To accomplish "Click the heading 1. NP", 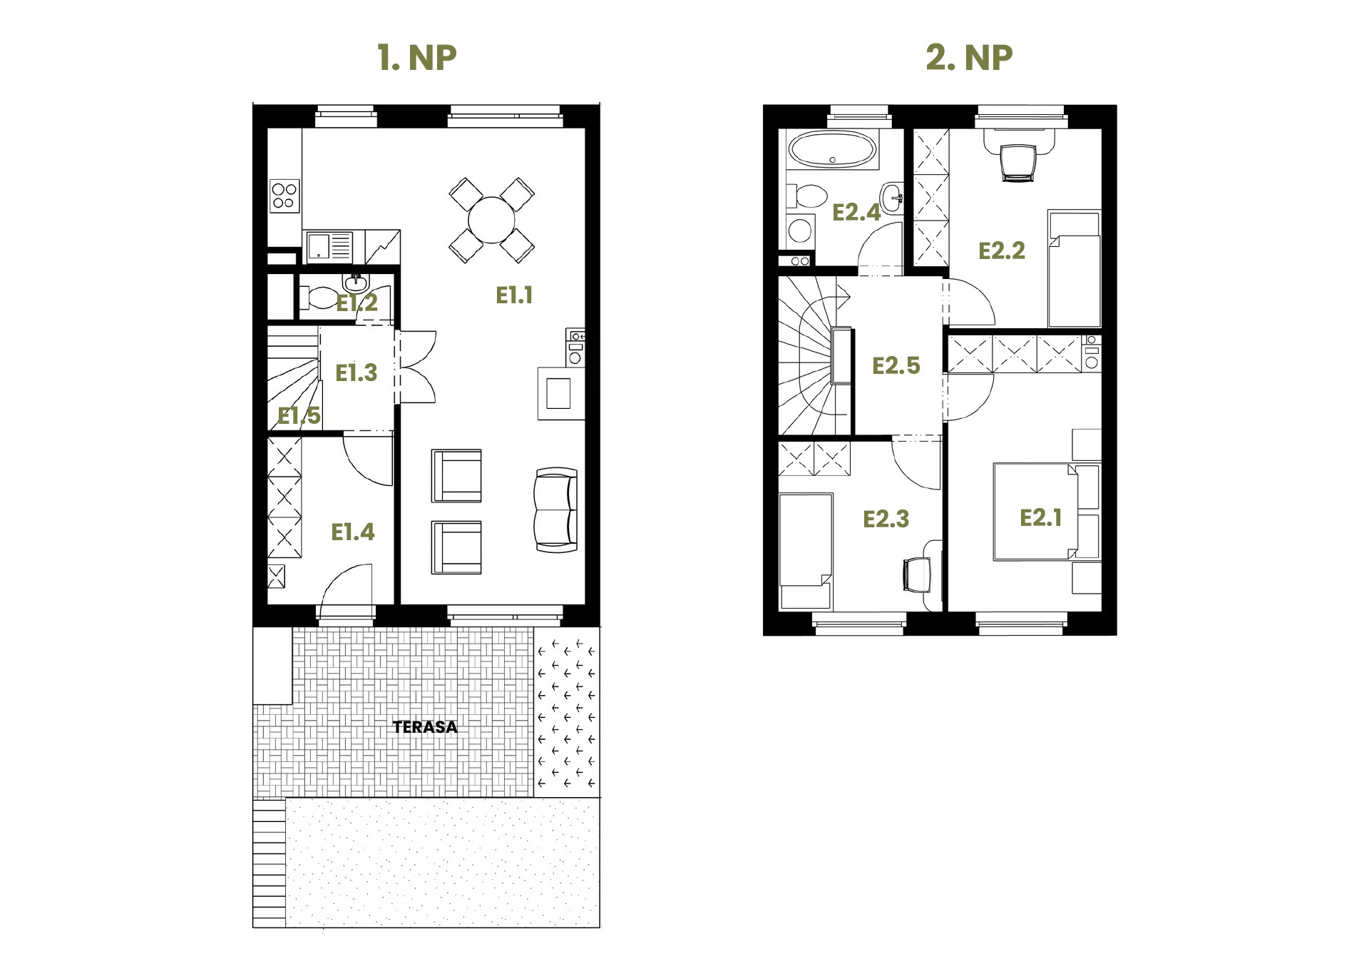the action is pos(416,58).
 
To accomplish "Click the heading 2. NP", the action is pos(969,58).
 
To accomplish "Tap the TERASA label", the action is pos(425,727).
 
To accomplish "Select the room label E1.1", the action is pos(514,295).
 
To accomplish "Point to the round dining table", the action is pos(491,220).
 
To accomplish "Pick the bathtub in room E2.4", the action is pos(833,150).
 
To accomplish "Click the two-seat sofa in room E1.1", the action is pos(555,510).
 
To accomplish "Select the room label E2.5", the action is pos(896,366).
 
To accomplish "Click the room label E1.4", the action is pos(352,532).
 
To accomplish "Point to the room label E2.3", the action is pos(886,519).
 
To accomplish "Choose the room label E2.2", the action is pos(1002,251).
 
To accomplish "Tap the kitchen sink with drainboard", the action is pos(329,247).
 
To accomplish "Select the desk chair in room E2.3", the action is pos(917,575).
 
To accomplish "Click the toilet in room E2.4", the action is pos(807,196).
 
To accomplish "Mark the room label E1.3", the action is pos(356,373).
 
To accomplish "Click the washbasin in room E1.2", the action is pos(356,283).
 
